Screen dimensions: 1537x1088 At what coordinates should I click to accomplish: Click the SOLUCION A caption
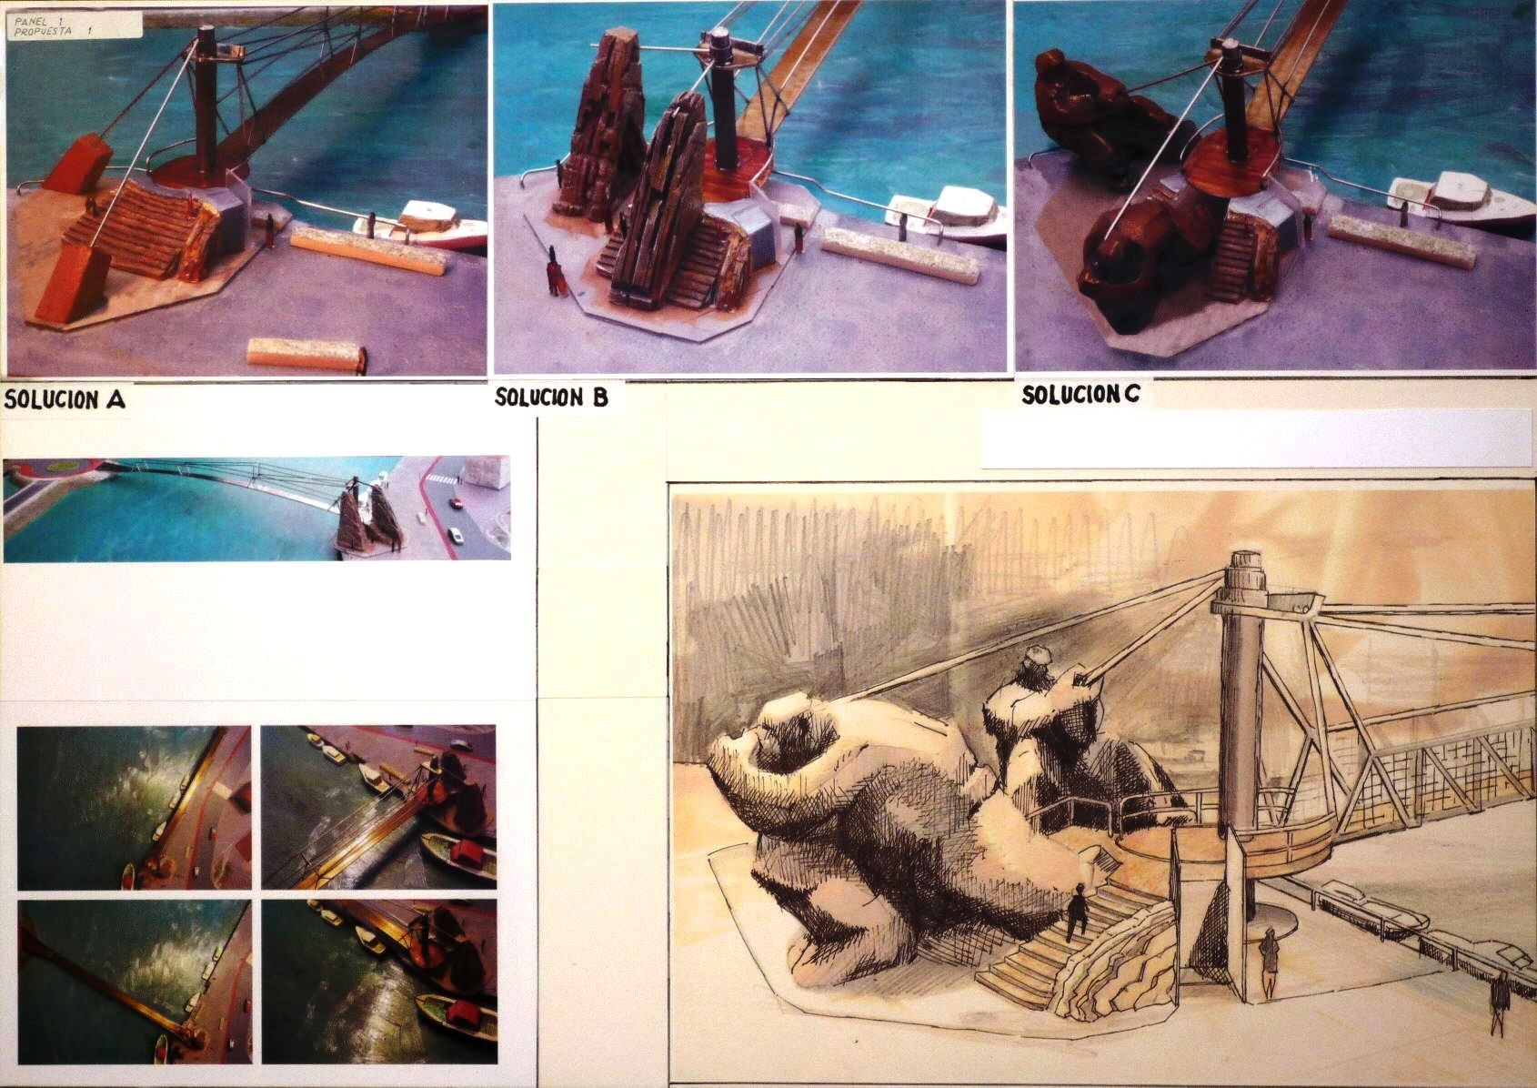(x=65, y=400)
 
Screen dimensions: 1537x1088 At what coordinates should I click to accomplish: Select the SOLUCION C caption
(x=1080, y=394)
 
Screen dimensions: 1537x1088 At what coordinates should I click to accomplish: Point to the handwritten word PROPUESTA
(x=43, y=32)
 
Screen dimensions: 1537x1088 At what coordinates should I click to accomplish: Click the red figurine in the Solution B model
(x=553, y=271)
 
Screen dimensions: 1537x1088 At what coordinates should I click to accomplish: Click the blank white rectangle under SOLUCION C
(x=1258, y=438)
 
